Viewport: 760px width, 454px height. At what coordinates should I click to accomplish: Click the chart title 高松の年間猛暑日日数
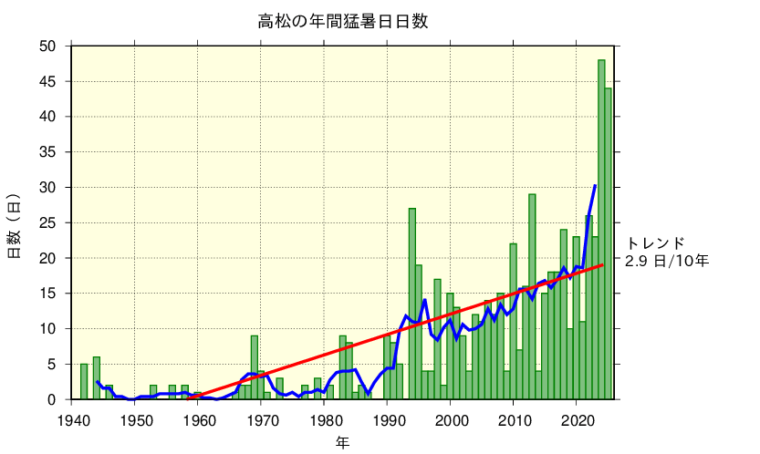[x=342, y=21]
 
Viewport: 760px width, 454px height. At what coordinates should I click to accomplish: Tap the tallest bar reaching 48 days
[x=601, y=228]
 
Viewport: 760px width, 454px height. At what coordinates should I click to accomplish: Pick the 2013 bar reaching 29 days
[x=532, y=296]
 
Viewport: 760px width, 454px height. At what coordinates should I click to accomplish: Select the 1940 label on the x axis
[x=72, y=420]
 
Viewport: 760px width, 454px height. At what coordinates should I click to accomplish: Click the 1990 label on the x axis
[x=388, y=420]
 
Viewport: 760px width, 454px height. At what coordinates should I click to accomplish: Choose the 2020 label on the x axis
[x=577, y=420]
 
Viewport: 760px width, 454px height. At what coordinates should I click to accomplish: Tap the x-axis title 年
[x=342, y=443]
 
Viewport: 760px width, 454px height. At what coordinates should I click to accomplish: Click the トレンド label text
[x=655, y=243]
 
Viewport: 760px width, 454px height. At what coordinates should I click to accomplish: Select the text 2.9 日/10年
[x=667, y=261]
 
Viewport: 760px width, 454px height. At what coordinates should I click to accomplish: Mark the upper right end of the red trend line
[x=603, y=265]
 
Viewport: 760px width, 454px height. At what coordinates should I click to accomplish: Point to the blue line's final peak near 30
[x=595, y=186]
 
